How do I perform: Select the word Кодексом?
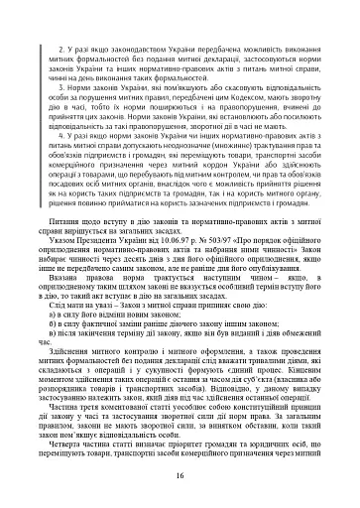(260, 95)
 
